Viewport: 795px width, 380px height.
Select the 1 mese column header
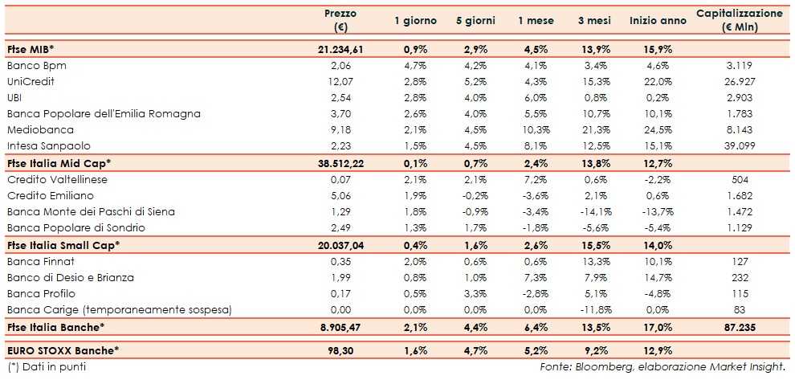[533, 21]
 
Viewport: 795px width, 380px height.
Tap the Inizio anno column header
[658, 21]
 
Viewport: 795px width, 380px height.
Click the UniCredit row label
[31, 81]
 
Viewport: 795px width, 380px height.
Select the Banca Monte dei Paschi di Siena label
[91, 211]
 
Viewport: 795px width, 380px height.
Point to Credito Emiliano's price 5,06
[340, 195]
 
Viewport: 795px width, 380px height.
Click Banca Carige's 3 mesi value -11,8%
[593, 309]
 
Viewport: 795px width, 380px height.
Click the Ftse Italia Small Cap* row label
[63, 244]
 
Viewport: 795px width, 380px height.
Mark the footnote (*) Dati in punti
[46, 367]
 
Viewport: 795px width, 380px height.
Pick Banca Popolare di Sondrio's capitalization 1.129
[739, 227]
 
